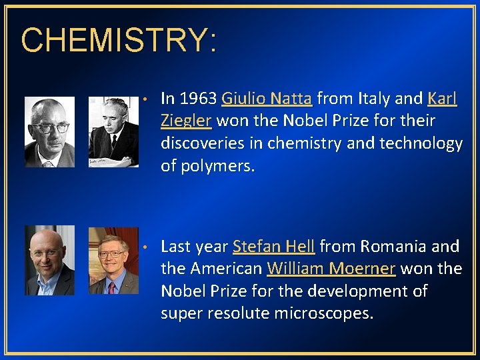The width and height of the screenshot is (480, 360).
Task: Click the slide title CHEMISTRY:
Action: point(119,41)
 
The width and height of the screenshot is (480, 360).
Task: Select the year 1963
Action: point(198,99)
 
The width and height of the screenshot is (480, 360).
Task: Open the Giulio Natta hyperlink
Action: point(267,99)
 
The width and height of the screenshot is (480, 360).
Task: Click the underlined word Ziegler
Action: point(186,121)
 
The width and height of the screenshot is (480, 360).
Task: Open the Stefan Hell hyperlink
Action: point(273,247)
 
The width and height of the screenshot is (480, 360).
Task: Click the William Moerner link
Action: point(331,269)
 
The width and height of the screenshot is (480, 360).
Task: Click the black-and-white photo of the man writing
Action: point(113,131)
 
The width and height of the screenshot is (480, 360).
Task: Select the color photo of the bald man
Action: point(49,260)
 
